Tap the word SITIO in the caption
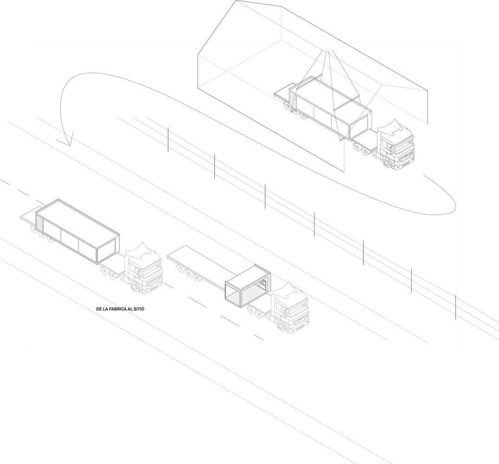pyautogui.click(x=139, y=309)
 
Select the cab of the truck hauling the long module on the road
pyautogui.click(x=143, y=269)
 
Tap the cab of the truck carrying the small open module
pyautogui.click(x=289, y=307)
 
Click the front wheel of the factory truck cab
pyautogui.click(x=387, y=162)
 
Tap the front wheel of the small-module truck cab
pyautogui.click(x=280, y=325)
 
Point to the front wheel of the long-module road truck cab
pyautogui.click(x=134, y=286)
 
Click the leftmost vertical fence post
pyautogui.click(x=168, y=139)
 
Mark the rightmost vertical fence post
pyautogui.click(x=456, y=307)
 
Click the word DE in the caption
pyautogui.click(x=98, y=309)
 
